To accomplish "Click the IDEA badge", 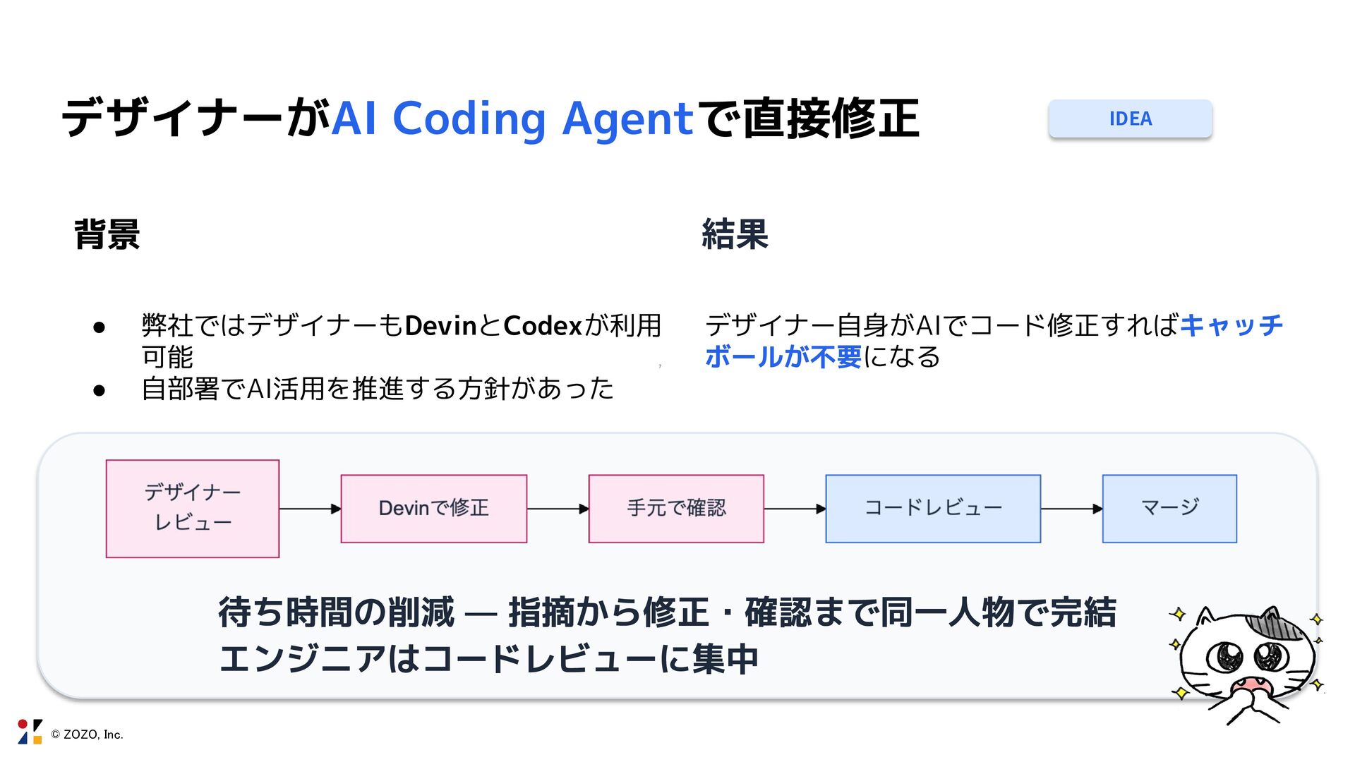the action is (x=1130, y=119).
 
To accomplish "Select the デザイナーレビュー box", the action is (x=193, y=508).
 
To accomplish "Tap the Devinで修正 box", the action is (x=433, y=508).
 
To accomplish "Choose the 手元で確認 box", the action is (x=676, y=508).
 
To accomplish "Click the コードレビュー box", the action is (x=932, y=508).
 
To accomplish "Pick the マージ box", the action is (x=1169, y=508).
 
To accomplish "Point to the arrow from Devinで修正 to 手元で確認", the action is (x=558, y=509).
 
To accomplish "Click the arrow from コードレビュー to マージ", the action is (x=1071, y=509).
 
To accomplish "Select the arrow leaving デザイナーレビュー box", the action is (x=310, y=509).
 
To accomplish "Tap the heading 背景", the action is (x=107, y=234).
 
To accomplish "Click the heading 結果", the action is (x=735, y=234).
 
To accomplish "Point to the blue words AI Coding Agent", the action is (x=512, y=119).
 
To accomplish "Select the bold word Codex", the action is (x=542, y=326).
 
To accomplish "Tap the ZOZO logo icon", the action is (x=30, y=732).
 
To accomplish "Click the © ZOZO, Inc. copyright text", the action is (x=87, y=734).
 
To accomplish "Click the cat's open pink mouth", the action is (x=1251, y=685).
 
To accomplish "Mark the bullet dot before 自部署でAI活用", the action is (x=99, y=390).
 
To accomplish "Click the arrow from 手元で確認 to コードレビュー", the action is (x=795, y=509).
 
